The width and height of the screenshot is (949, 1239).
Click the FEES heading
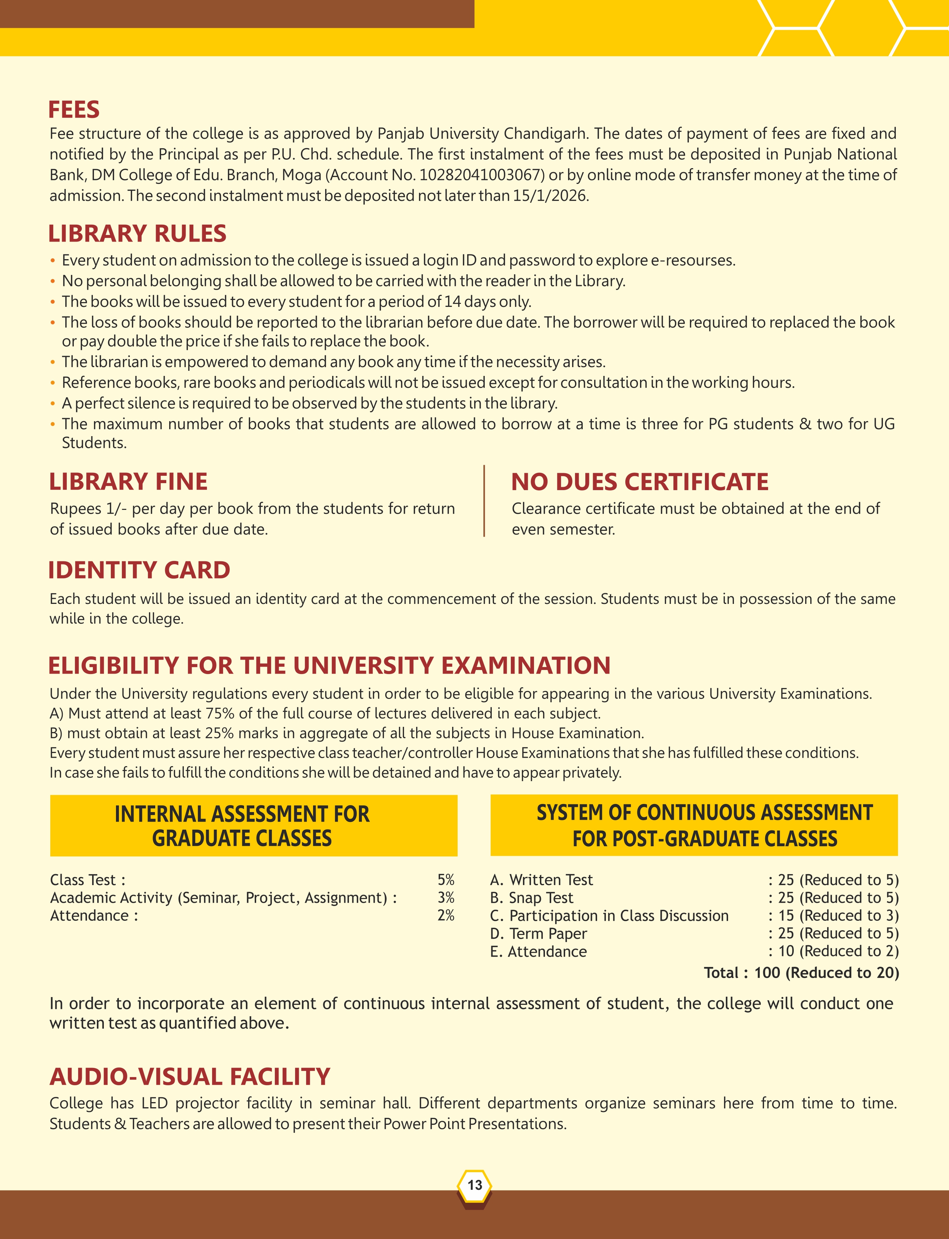click(x=74, y=110)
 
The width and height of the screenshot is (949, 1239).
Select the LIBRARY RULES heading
click(x=137, y=234)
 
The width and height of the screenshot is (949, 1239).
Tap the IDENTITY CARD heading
click(x=139, y=570)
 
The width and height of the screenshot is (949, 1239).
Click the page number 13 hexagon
click(x=474, y=1185)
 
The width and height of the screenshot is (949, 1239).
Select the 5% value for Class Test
click(x=446, y=880)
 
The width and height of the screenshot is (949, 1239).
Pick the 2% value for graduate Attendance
click(x=446, y=915)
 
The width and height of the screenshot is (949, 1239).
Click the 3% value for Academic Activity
click(x=446, y=898)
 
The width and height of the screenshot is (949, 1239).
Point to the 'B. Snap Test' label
click(x=531, y=898)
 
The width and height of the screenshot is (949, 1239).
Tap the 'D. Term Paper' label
click(x=538, y=933)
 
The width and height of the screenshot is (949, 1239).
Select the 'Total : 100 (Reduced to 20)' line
click(x=801, y=972)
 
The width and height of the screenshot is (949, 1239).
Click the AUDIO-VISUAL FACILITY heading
click(x=190, y=1077)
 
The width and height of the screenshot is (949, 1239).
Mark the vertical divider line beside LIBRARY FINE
click(x=484, y=501)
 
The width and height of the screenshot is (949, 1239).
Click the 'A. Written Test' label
click(x=541, y=880)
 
